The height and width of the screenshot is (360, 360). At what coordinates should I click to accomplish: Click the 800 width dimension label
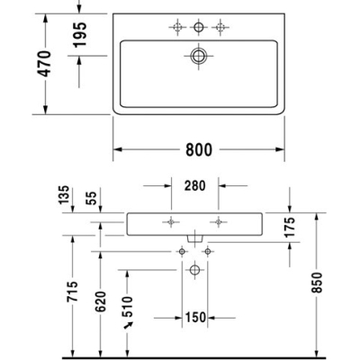199,149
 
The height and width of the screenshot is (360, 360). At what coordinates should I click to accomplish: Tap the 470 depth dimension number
46,64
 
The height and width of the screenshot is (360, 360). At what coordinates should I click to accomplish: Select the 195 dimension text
80,34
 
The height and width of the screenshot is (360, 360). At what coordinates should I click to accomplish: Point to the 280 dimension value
195,186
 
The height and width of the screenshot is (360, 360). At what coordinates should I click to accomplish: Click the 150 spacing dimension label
195,318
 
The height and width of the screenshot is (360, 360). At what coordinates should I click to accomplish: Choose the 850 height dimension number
317,283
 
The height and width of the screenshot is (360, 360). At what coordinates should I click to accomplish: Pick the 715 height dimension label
72,292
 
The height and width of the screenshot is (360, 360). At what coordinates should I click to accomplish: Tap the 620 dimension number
101,301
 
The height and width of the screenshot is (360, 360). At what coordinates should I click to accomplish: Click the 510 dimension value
128,307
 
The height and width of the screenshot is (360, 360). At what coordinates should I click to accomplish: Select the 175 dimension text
290,227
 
